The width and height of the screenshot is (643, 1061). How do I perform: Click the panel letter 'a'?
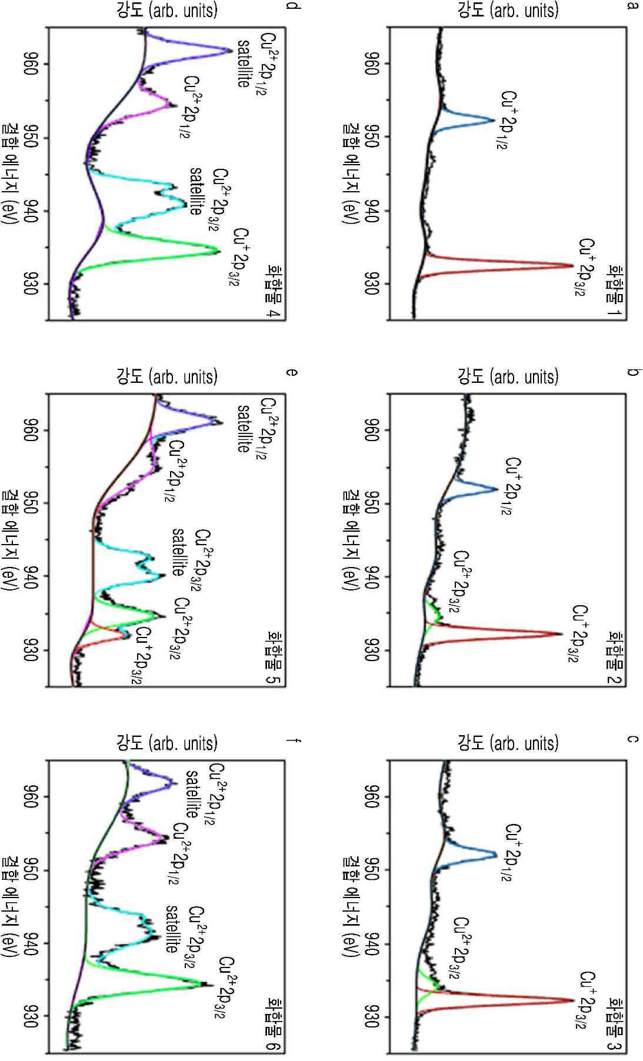pyautogui.click(x=632, y=6)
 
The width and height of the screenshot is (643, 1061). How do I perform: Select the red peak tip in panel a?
pyautogui.click(x=572, y=266)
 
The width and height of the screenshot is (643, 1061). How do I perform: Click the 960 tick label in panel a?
pyautogui.click(x=371, y=64)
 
